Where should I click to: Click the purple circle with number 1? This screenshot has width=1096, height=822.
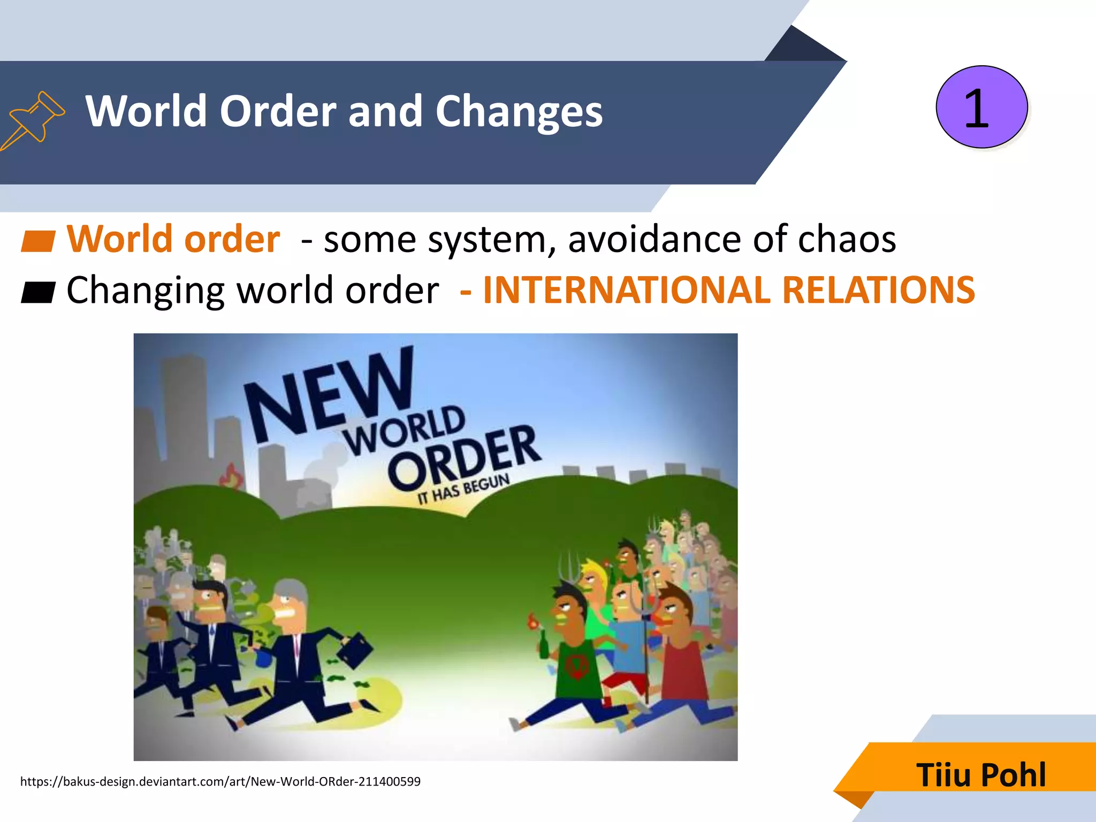tap(981, 107)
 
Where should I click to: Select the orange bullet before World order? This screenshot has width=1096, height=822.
tap(37, 241)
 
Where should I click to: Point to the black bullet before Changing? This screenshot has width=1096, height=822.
tap(37, 292)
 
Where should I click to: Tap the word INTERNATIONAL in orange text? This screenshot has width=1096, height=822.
tap(626, 290)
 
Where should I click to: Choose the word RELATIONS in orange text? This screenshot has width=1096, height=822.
tap(878, 290)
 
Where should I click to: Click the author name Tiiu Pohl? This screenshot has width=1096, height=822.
tap(981, 774)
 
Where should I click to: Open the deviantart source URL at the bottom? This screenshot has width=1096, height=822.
tap(220, 781)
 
